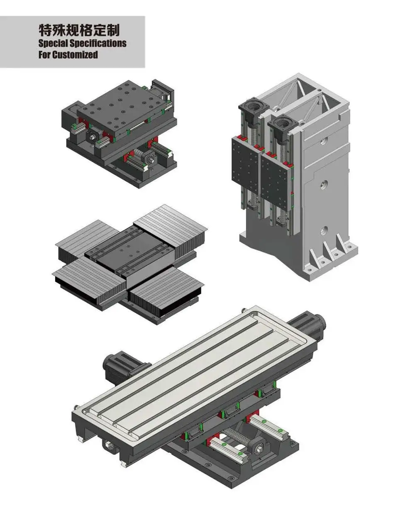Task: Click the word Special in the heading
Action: coord(53,43)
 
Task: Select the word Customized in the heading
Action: coord(75,55)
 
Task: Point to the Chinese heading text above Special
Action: coord(79,30)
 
